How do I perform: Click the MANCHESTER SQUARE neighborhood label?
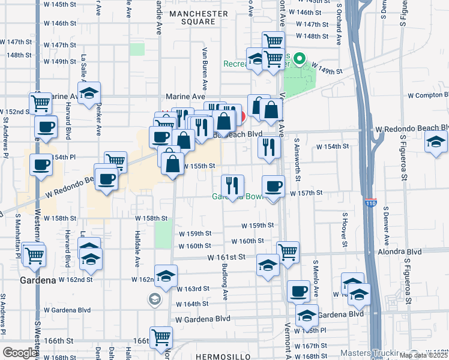(x=198, y=17)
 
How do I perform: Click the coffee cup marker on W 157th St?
(x=274, y=187)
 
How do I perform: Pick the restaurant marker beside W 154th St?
(x=269, y=146)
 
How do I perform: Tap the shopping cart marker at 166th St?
(x=161, y=337)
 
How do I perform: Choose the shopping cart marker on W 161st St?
(x=288, y=252)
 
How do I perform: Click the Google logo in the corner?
(x=19, y=353)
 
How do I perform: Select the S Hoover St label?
(x=345, y=230)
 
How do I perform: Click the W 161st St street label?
(x=227, y=257)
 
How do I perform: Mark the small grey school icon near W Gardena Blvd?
(x=155, y=299)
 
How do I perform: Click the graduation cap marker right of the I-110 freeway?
(x=436, y=142)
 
